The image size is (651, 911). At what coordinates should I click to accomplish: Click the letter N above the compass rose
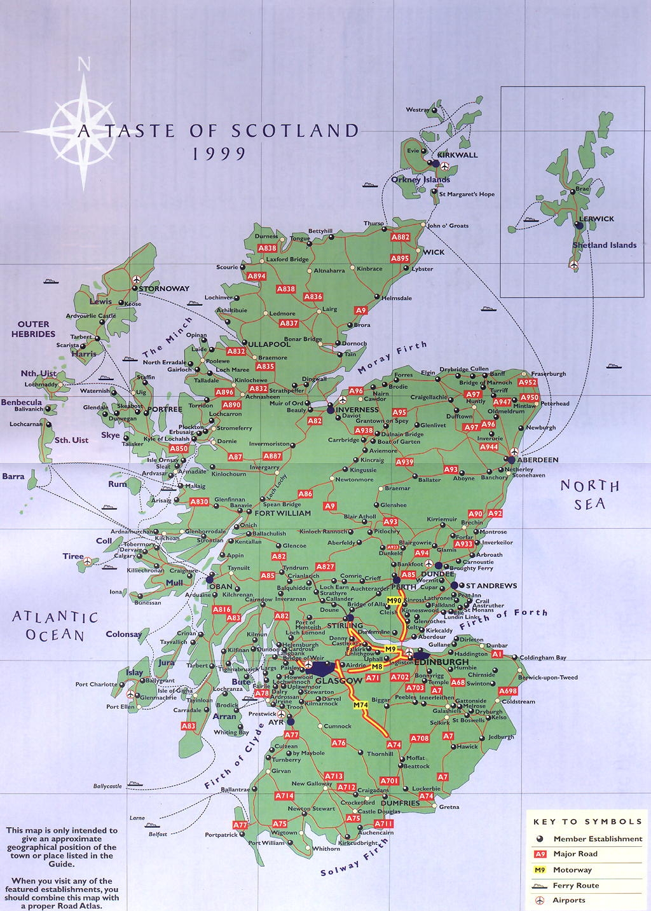(84, 64)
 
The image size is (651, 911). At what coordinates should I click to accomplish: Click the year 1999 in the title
(219, 153)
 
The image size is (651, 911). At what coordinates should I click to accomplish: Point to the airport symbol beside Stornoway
(137, 279)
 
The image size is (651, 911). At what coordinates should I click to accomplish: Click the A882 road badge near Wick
(401, 237)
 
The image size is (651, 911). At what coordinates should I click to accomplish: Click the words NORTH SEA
(589, 495)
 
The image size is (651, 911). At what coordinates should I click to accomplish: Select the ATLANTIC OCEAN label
(56, 626)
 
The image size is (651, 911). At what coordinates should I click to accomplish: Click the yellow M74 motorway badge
(360, 705)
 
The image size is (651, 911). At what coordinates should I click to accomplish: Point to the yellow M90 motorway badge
(395, 601)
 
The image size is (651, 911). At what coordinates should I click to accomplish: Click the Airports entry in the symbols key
(569, 900)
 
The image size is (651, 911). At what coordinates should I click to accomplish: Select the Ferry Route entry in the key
(575, 885)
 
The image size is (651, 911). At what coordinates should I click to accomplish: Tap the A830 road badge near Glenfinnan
(199, 502)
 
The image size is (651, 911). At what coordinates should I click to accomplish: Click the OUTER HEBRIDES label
(37, 329)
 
